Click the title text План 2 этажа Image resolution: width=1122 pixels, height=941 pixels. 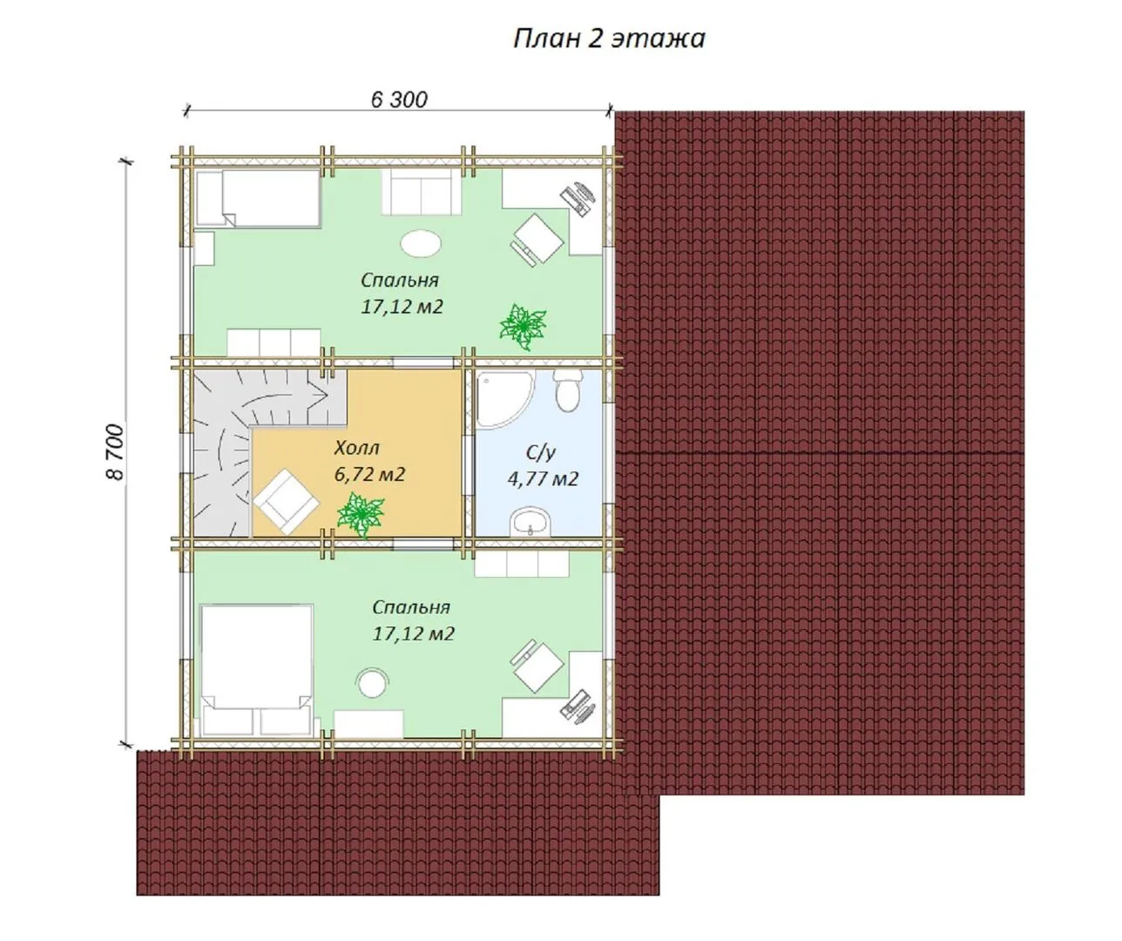pos(609,39)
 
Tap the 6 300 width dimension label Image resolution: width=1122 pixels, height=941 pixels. pos(399,99)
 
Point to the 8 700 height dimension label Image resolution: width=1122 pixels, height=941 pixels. pos(115,451)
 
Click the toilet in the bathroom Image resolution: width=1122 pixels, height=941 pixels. pos(567,390)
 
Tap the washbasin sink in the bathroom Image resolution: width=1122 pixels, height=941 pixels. pos(531,522)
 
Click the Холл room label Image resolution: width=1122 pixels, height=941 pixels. pos(357,448)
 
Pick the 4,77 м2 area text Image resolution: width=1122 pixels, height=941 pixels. pos(543,478)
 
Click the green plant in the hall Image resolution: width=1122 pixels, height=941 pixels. pos(361,514)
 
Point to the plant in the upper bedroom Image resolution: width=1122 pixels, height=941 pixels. pos(523,326)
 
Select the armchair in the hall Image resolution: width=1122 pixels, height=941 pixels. pos(286,501)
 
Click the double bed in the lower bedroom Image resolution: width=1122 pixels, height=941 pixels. pos(256,670)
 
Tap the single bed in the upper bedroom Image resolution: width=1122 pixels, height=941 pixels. pos(259,199)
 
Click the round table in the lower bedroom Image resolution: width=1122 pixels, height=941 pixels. pos(372,683)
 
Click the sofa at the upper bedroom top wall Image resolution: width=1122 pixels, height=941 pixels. pos(422,192)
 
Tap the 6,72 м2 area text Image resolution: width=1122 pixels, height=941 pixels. pos(369,475)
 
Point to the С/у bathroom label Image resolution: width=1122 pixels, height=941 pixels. pos(541,452)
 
